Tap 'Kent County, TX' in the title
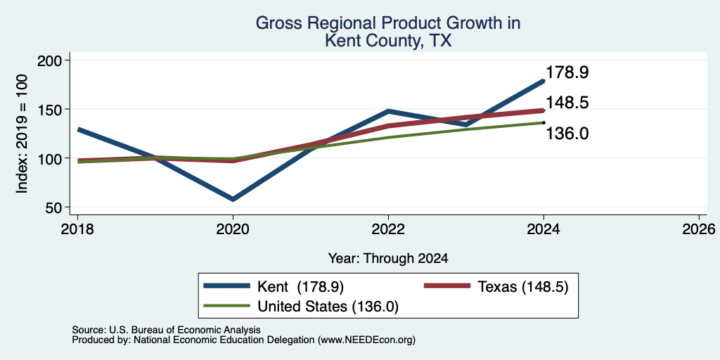tap(388, 41)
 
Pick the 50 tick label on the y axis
tap(56, 207)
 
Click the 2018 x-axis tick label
tap(77, 229)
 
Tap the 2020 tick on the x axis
tap(233, 229)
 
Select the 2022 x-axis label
tap(388, 229)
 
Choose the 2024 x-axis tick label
tap(544, 229)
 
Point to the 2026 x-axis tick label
tap(699, 229)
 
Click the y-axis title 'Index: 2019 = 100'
tap(22, 134)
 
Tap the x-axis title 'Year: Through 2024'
tap(388, 259)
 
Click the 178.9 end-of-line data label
tap(567, 72)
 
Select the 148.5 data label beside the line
tap(567, 103)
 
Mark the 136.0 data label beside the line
tap(567, 134)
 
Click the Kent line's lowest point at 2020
tap(233, 199)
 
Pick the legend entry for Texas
tap(496, 287)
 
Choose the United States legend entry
tap(301, 307)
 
